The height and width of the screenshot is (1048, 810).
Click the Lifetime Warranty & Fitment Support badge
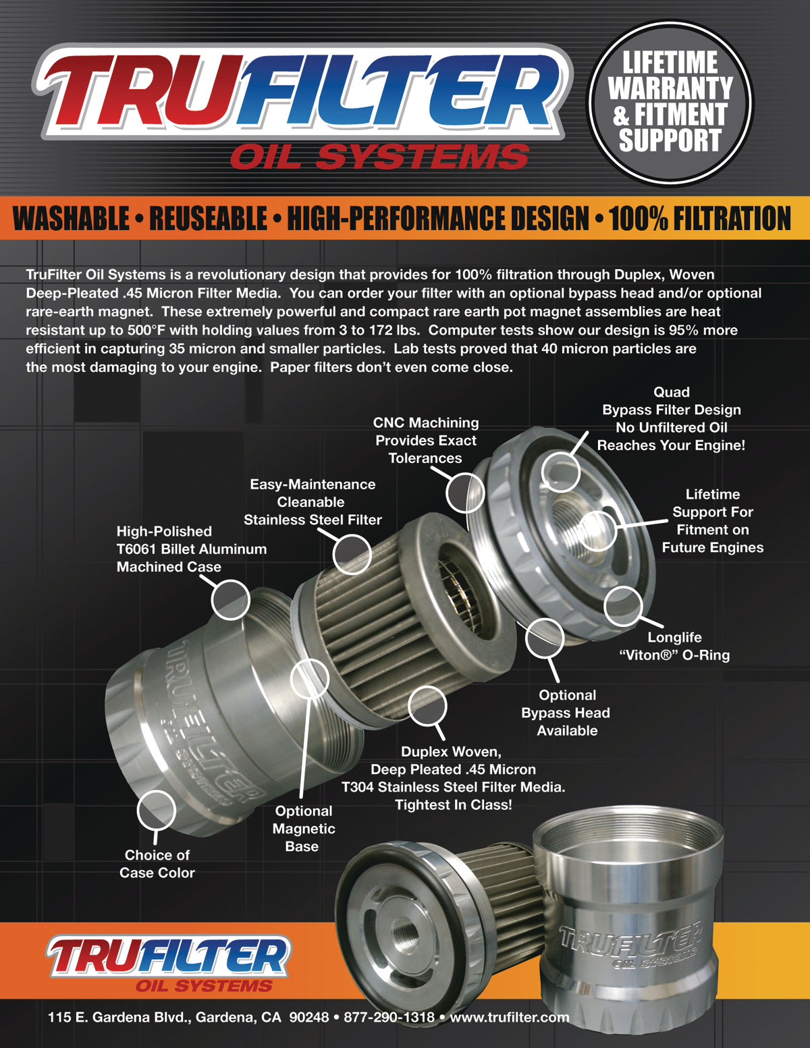670,103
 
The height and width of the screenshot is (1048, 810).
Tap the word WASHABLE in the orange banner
72,219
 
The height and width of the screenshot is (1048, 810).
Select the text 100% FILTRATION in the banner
699,219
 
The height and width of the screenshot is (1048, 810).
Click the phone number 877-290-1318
389,1017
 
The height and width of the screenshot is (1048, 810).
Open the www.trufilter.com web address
510,1017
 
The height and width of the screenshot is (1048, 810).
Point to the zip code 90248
308,1017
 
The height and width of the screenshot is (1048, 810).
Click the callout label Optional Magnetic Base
304,829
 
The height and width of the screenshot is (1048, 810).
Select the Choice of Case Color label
157,864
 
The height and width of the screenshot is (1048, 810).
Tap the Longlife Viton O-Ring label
674,646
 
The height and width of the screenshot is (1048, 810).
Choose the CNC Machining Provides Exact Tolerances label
426,441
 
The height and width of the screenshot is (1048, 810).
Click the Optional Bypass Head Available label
566,713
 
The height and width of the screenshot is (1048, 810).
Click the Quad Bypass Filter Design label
671,418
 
